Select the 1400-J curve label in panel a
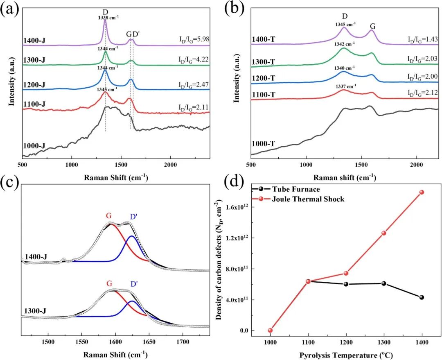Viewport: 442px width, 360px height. point(36,41)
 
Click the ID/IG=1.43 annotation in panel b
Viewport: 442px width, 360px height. point(422,39)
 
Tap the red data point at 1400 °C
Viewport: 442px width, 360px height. point(422,192)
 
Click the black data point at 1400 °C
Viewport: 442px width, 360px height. point(422,297)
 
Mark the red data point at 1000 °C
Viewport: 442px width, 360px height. point(270,330)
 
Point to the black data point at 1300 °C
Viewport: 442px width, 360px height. point(384,283)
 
